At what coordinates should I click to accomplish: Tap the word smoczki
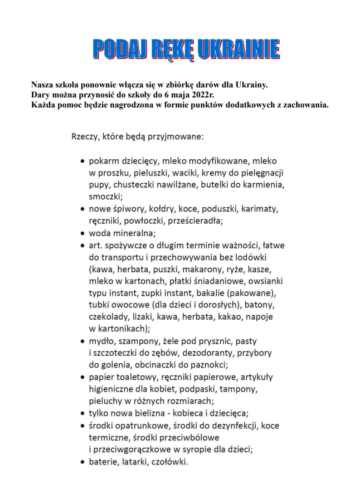pos(106,197)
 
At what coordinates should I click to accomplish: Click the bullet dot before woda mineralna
pos(83,234)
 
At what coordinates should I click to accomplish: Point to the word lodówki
pos(251,258)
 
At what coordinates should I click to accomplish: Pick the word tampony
pos(241,389)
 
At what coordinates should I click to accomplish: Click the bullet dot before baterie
pos(83,462)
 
